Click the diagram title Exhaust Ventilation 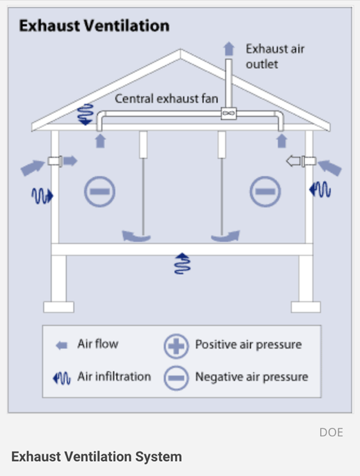pyautogui.click(x=94, y=26)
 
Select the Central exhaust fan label pyautogui.click(x=166, y=99)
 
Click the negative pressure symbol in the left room pyautogui.click(x=100, y=192)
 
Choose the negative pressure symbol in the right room pyautogui.click(x=265, y=192)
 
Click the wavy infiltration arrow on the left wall pyautogui.click(x=42, y=195)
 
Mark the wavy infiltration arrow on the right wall pyautogui.click(x=320, y=189)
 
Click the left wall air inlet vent pyautogui.click(x=55, y=160)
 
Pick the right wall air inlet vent pyautogui.click(x=308, y=160)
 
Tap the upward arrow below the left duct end pyautogui.click(x=100, y=141)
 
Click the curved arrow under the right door pyautogui.click(x=226, y=236)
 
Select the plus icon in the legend pyautogui.click(x=176, y=346)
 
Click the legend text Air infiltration pyautogui.click(x=113, y=377)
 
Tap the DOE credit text pyautogui.click(x=331, y=432)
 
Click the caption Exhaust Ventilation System pyautogui.click(x=96, y=456)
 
